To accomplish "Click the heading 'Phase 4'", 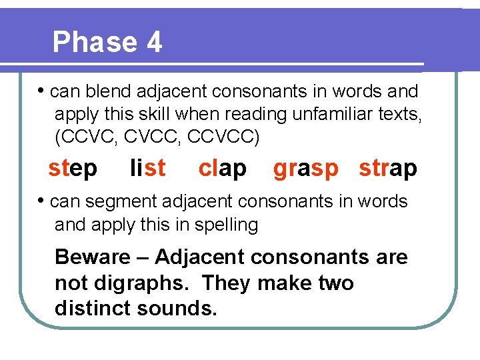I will (107, 42).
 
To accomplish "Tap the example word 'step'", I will (73, 168).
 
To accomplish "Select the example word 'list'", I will (147, 168).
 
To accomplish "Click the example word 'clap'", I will (222, 168).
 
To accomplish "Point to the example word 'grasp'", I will (306, 169).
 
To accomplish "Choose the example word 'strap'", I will (388, 169).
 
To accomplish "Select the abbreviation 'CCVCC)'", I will (224, 138).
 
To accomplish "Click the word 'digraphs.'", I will (139, 283).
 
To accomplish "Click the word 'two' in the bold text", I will (333, 283).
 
